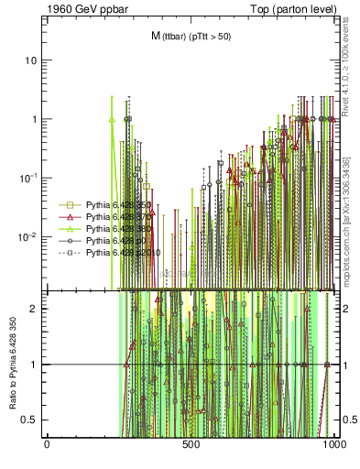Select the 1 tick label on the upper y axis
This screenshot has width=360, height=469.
34,119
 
